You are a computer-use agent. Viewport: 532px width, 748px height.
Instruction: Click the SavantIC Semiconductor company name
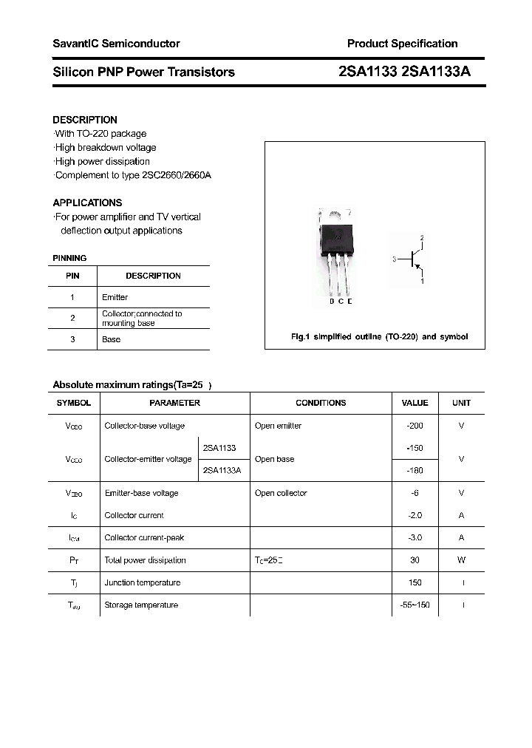[116, 44]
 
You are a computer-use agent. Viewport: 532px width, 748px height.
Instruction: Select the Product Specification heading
[402, 44]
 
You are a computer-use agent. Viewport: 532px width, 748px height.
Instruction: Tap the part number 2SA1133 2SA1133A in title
[403, 72]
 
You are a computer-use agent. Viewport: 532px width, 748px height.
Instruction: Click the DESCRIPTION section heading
[85, 120]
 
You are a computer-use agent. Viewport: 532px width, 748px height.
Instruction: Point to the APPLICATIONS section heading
[87, 203]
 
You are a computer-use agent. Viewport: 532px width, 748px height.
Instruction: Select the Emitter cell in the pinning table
[115, 297]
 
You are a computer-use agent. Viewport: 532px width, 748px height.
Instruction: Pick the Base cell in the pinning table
[111, 339]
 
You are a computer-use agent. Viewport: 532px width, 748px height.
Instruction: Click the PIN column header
[72, 276]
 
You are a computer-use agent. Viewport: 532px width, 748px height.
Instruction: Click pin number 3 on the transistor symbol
[395, 259]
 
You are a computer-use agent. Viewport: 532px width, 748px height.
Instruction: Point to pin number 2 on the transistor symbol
[422, 238]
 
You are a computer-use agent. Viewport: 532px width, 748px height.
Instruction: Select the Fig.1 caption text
[379, 336]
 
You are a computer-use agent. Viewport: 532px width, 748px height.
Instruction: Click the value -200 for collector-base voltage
[415, 426]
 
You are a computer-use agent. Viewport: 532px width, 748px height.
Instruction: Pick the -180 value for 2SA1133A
[415, 470]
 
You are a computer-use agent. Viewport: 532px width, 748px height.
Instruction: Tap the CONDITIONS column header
[321, 403]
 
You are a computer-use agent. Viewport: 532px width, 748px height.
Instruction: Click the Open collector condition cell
[281, 493]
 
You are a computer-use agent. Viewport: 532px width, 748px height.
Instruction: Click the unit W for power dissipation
[461, 560]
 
